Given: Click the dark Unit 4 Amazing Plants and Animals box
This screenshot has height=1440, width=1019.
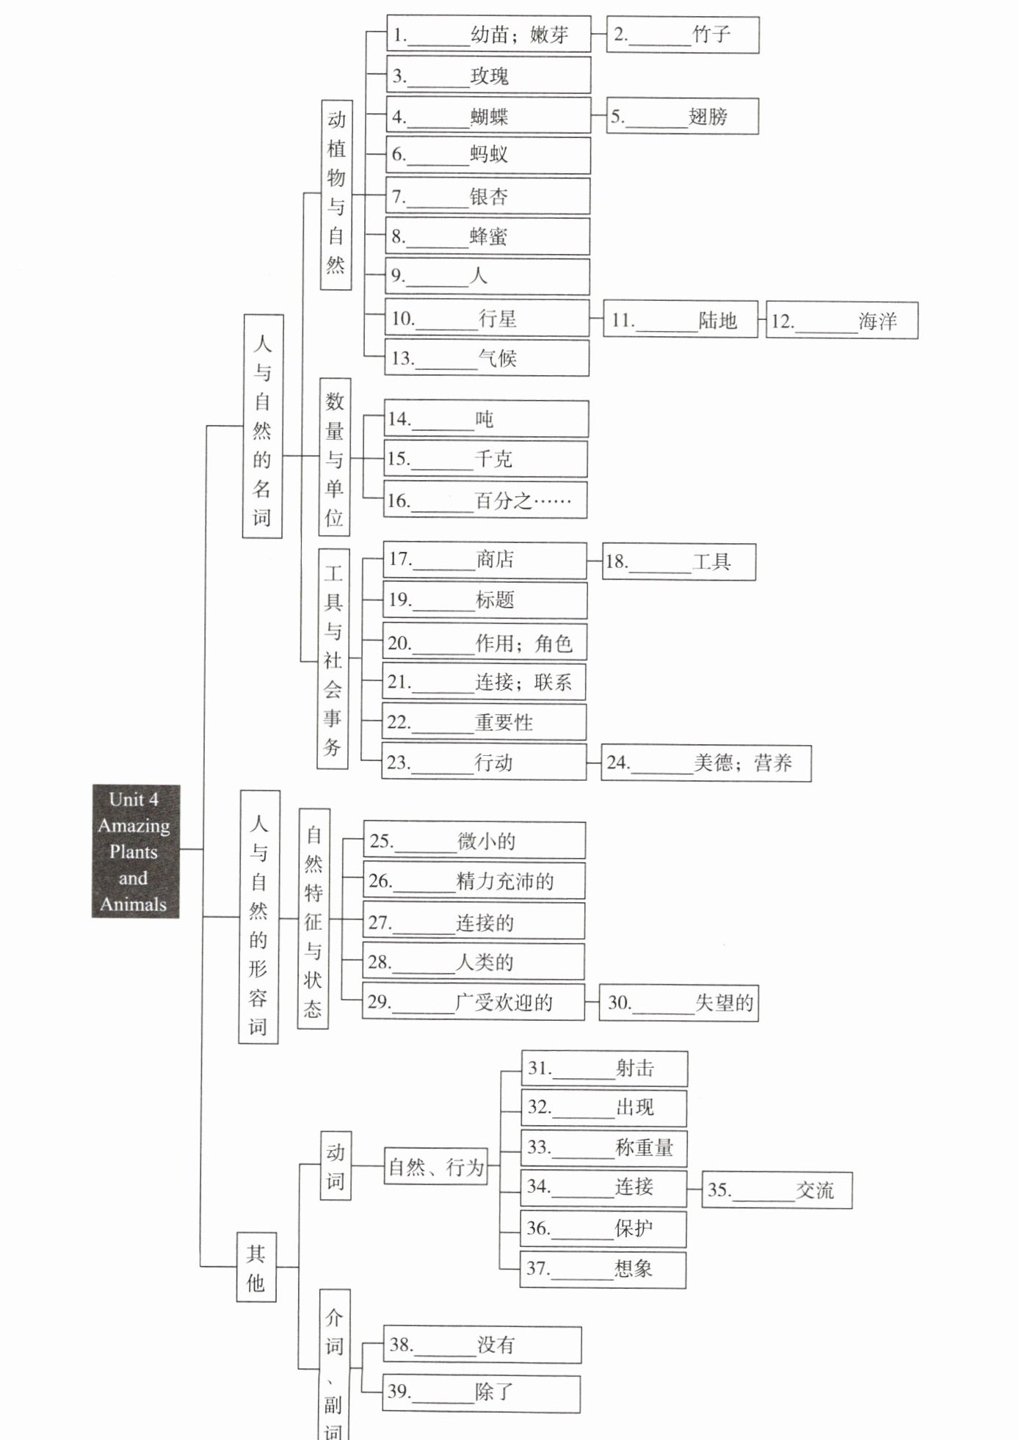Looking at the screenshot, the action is [x=135, y=851].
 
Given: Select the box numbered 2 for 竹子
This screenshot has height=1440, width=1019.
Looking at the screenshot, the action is [x=682, y=34].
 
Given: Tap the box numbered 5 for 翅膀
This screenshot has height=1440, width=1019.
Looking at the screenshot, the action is [x=682, y=116].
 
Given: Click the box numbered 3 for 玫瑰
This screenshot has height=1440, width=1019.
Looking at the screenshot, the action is [x=488, y=76].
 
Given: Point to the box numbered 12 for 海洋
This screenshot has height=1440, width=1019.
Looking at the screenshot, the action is [x=841, y=321].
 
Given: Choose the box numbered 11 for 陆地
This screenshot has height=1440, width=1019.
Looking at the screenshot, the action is [x=680, y=320].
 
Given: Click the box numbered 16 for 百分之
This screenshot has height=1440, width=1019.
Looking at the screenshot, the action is [x=485, y=501].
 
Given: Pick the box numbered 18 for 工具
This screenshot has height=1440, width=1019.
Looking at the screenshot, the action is [x=678, y=562].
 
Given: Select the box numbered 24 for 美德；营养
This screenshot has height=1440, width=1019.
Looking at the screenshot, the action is [x=706, y=763].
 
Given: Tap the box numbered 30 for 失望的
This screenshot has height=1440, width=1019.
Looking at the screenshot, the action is [x=678, y=1003].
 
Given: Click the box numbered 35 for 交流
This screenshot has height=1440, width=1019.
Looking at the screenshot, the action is [x=777, y=1190].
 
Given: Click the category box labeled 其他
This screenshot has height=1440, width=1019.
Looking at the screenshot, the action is [x=256, y=1268].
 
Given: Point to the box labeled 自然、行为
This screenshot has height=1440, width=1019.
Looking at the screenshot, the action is [x=436, y=1166].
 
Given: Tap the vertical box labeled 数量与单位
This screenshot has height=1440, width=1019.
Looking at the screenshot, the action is [x=335, y=457].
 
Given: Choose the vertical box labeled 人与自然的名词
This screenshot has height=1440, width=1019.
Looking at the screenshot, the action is [x=262, y=426].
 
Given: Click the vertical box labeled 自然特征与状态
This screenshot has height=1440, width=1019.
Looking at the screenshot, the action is [x=313, y=918].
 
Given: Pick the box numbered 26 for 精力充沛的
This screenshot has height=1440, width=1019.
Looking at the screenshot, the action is [x=474, y=881].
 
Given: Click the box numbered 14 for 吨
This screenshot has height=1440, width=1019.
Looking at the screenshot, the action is [x=486, y=419].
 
